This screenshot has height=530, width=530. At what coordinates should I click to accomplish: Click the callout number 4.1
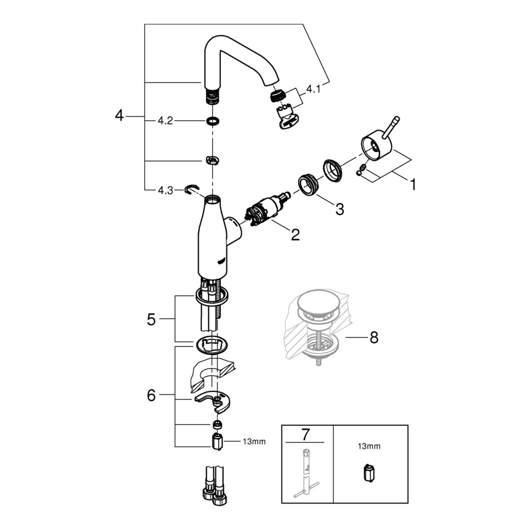(313, 89)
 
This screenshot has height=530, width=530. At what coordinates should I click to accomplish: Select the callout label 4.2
(165, 121)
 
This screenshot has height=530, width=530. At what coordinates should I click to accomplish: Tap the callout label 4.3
(165, 190)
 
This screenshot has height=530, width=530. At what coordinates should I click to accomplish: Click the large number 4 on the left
(119, 116)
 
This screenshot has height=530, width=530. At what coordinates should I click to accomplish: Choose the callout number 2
(295, 235)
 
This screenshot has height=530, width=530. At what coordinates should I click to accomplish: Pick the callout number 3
(340, 209)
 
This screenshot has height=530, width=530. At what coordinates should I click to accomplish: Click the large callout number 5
(151, 320)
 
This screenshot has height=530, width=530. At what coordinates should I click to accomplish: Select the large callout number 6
(151, 395)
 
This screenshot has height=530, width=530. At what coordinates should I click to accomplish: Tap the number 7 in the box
(305, 435)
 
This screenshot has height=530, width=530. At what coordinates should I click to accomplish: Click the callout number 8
(374, 338)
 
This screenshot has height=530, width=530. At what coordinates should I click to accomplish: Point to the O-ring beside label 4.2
(212, 121)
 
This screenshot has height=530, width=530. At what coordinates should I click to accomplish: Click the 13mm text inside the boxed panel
(369, 446)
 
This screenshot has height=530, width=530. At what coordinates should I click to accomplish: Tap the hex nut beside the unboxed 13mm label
(217, 442)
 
